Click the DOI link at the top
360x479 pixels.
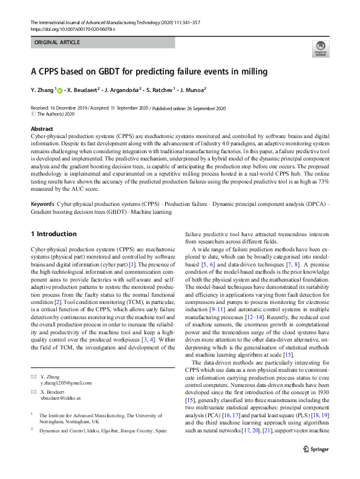click(x=67, y=29)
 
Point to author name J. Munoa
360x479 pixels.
click(x=192, y=90)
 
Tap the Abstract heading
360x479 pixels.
click(x=42, y=129)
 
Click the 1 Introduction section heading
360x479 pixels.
click(x=53, y=234)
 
